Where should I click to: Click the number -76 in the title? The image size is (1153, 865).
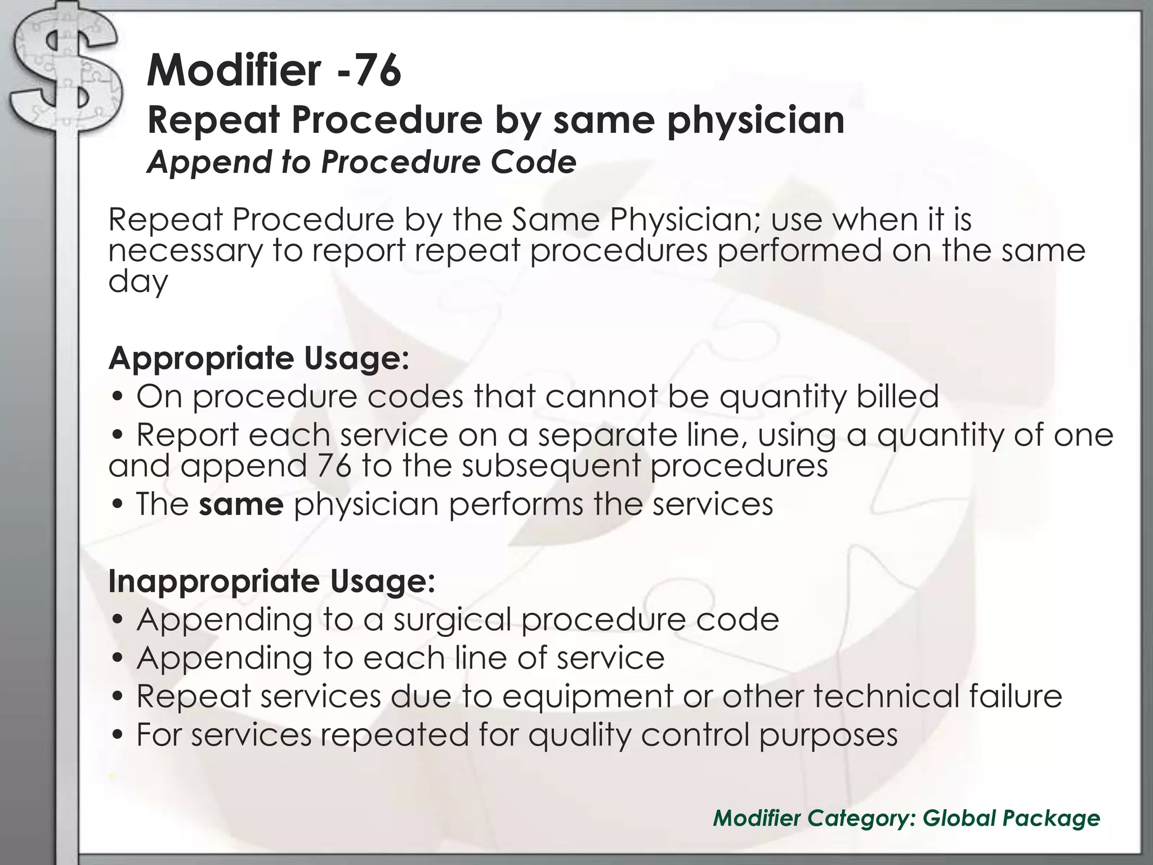[x=369, y=70]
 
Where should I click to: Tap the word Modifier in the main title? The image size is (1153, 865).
[x=234, y=70]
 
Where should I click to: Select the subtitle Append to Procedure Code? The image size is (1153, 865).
[x=361, y=162]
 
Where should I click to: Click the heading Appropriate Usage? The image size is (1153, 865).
[x=258, y=358]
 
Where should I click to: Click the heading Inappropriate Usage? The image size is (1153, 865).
[x=271, y=581]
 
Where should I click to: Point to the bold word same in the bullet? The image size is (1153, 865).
[x=241, y=504]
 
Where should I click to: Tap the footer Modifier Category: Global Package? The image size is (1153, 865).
[x=906, y=818]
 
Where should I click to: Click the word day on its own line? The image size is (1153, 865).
[x=138, y=282]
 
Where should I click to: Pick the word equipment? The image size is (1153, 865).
[x=587, y=697]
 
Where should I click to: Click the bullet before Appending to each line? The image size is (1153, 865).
[x=118, y=658]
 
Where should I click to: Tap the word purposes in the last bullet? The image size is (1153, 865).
[x=828, y=735]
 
